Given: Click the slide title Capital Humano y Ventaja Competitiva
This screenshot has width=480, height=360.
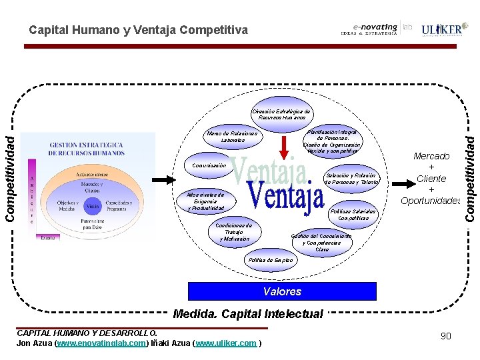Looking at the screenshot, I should [x=138, y=30].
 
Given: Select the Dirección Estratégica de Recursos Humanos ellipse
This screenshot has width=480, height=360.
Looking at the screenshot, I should [x=281, y=114].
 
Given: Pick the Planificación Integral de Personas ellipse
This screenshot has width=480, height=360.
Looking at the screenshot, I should [x=332, y=141].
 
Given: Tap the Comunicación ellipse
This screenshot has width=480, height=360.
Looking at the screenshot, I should [x=209, y=165].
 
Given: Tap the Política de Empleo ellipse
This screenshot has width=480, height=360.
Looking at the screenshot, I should [x=270, y=260].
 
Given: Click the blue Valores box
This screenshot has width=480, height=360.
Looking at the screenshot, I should [x=282, y=291].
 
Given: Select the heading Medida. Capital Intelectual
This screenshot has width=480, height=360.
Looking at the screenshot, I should [x=247, y=313].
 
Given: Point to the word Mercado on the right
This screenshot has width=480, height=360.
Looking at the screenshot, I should [x=431, y=156].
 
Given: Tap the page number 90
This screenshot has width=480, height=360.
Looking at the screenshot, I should [x=445, y=336].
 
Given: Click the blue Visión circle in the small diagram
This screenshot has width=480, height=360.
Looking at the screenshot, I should [x=93, y=207].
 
